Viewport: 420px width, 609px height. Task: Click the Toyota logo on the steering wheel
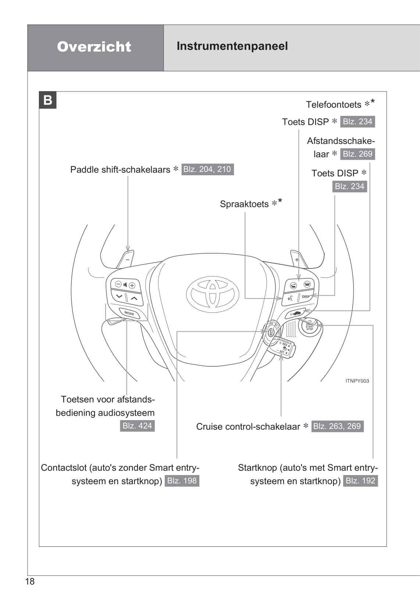point(213,294)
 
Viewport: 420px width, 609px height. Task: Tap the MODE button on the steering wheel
point(129,313)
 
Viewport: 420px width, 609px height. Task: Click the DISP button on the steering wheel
point(306,296)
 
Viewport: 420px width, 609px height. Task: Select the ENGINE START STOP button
point(310,327)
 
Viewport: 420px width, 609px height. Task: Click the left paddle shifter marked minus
point(126,259)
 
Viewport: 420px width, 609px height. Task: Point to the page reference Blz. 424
point(137,426)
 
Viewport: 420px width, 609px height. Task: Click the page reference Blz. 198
point(182,480)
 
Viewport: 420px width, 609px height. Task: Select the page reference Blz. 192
point(360,480)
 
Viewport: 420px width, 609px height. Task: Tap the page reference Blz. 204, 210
point(207,169)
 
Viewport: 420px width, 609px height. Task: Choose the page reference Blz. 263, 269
point(337,426)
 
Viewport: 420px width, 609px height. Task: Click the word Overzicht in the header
point(94,47)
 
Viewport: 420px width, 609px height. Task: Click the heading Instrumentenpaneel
point(232,46)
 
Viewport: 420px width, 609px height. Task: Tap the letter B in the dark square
point(48,100)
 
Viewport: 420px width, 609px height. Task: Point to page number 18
point(30,581)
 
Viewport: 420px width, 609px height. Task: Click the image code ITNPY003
point(357,381)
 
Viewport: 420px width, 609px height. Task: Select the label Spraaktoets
point(244,204)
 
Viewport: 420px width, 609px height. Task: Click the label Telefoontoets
point(334,105)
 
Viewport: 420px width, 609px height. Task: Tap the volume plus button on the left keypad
point(132,285)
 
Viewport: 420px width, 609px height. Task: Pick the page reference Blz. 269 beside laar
point(357,154)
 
